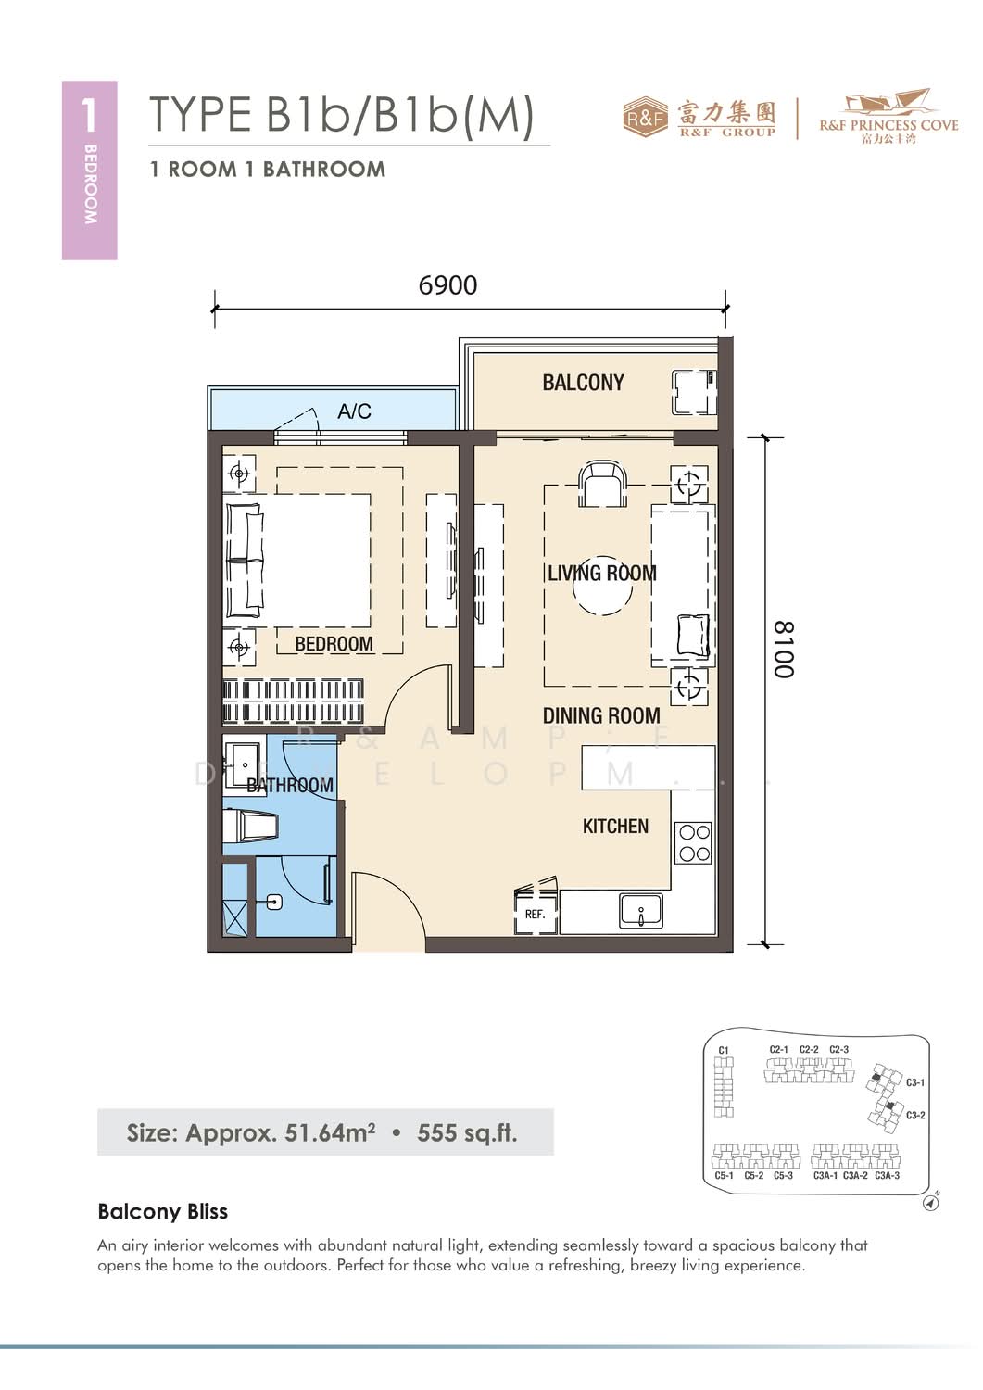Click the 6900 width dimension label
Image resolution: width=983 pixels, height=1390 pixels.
pos(447,285)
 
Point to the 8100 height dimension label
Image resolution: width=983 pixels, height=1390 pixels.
pos(784,650)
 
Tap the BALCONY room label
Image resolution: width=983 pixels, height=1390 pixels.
pos(583,382)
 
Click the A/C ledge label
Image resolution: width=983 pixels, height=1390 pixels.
pos(354,411)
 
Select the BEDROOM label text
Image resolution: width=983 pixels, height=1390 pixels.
pos(334,643)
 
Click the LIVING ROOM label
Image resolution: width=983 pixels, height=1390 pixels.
pos(601,573)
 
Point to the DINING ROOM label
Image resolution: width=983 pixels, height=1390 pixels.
pos(601,715)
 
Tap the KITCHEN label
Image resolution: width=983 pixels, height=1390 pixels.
pos(615,826)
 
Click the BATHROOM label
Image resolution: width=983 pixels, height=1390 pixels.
pos(290,785)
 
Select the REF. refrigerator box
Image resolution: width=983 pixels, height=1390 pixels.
pos(535,914)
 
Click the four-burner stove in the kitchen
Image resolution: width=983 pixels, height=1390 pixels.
pos(694,842)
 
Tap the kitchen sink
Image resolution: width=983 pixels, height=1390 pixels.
pos(640,911)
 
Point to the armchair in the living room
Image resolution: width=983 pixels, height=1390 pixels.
pos(602,484)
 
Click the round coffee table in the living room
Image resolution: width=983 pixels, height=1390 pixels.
pos(602,585)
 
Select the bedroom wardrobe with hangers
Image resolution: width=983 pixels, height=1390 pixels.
pos(293,701)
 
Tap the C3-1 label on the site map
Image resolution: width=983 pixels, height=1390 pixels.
pos(914,1083)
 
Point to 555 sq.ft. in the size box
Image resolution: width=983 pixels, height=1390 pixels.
pos(467,1133)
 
